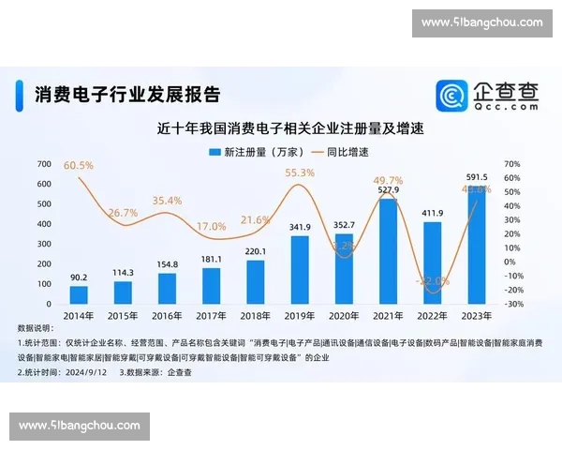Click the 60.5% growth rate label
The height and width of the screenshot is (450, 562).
point(79,165)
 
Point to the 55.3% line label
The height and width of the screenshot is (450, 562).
point(299,172)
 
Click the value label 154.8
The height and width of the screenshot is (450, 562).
point(168,266)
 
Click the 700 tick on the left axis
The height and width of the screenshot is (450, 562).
point(44,164)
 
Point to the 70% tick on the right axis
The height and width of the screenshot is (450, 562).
point(512,164)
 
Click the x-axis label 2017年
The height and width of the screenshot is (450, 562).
point(212,316)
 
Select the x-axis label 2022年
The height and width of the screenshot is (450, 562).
point(432,316)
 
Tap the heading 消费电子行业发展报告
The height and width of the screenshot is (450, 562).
point(127,94)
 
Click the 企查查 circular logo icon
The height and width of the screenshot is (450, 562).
point(452,96)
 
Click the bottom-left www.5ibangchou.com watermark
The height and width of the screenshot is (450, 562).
point(79,426)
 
